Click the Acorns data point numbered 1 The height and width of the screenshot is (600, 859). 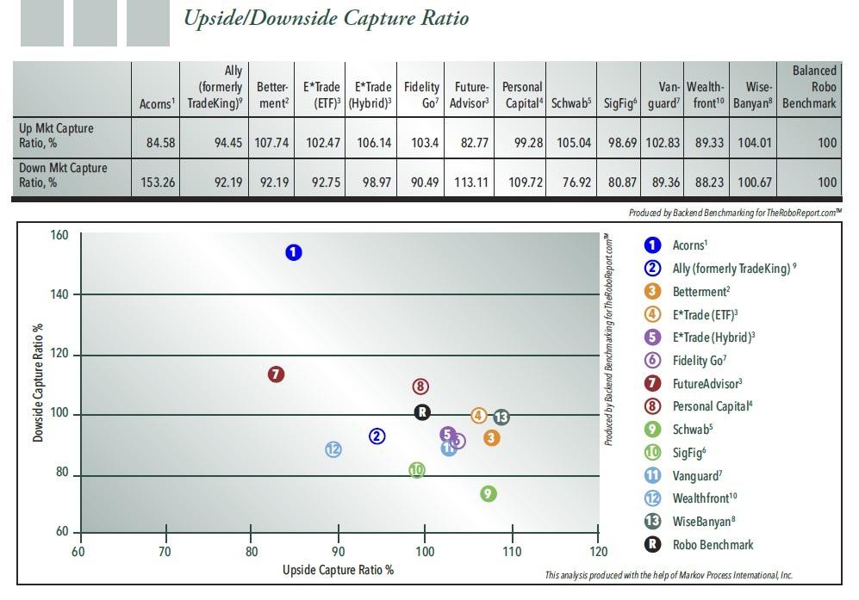click(294, 252)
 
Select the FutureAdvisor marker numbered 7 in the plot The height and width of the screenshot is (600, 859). click(276, 374)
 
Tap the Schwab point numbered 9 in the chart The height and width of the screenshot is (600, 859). click(489, 493)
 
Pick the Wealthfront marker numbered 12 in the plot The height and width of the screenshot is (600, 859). click(333, 449)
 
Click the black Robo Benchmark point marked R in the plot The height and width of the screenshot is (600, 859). click(422, 412)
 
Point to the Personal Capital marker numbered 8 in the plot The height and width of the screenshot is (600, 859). click(420, 387)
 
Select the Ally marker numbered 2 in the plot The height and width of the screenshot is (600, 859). click(377, 436)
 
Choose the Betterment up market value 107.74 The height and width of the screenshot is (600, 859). click(272, 142)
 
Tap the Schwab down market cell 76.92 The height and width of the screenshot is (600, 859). click(570, 182)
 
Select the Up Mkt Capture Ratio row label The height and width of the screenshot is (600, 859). click(57, 135)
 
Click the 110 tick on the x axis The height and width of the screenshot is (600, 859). click(511, 551)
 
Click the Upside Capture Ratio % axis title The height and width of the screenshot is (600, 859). click(338, 570)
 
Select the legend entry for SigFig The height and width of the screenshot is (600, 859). click(689, 452)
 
